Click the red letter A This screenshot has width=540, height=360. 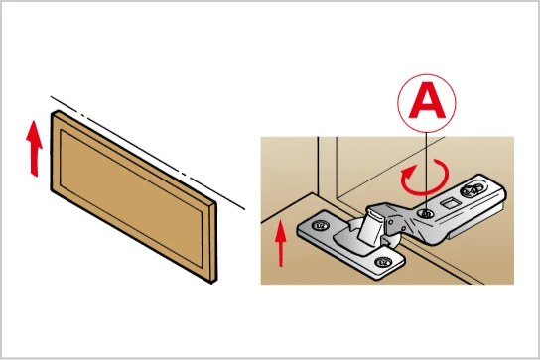point(427,100)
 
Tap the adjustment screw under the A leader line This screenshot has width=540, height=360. point(426,214)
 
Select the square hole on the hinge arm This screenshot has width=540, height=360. point(450,203)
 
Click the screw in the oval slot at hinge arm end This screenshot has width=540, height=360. point(472,189)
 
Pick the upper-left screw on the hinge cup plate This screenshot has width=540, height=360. point(320,226)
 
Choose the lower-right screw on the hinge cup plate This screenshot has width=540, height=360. point(382,262)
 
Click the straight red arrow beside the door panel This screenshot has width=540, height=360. point(34,149)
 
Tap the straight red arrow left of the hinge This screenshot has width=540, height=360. point(281,243)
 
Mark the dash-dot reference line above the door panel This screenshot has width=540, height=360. point(147,153)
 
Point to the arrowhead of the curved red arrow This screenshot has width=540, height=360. point(406,171)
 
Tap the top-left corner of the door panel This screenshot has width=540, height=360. point(52,114)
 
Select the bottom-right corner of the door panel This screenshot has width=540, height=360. point(212,284)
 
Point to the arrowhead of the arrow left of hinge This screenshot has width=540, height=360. point(281,230)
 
